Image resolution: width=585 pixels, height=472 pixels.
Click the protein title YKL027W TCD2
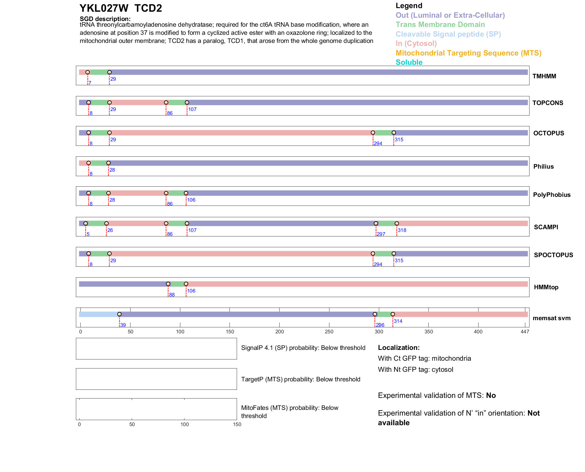point(121,8)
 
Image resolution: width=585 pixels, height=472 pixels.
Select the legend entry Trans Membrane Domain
point(440,25)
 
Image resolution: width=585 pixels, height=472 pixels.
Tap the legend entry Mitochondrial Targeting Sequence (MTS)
point(468,53)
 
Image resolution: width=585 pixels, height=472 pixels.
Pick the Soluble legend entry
point(409,62)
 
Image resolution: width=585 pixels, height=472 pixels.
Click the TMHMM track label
point(544,76)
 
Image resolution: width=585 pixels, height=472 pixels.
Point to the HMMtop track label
point(546,287)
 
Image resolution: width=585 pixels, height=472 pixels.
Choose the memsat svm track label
point(551,318)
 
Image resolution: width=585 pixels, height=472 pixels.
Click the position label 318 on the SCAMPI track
point(402,230)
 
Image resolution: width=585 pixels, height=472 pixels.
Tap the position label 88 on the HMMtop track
point(172,295)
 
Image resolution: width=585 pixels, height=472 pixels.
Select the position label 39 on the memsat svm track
point(123,325)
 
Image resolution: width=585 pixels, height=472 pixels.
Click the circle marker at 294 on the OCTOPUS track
point(373,133)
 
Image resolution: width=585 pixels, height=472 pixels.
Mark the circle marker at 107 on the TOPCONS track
point(187,103)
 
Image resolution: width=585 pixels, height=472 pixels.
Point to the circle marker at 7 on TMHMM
point(88,72)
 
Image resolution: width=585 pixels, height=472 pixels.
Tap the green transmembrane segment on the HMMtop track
point(177,284)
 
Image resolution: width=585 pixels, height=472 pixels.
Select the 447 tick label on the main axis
point(525,332)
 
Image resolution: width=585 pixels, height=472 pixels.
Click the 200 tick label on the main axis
point(279,332)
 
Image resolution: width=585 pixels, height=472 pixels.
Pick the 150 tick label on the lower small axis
point(237,424)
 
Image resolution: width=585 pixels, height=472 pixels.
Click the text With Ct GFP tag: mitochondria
point(424,358)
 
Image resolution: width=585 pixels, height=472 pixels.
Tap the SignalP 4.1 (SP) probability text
point(303,348)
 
